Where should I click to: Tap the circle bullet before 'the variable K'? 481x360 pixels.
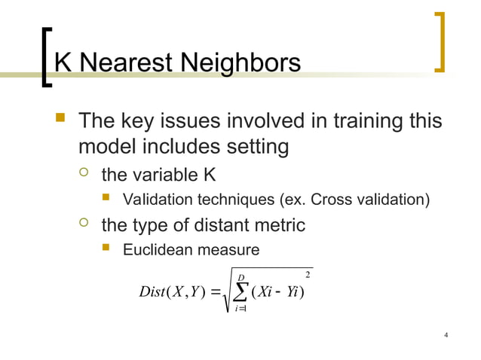[x=84, y=175]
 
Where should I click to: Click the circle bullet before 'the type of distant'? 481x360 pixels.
[x=84, y=224]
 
